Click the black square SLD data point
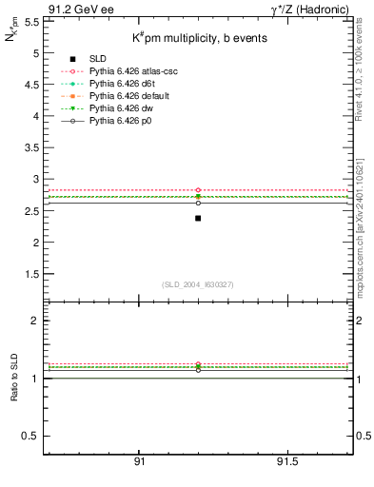pos(198,218)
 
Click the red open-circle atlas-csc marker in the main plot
pos(198,190)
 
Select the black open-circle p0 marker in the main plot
pos(198,203)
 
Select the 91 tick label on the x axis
pos(139,461)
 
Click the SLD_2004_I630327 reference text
pos(197,284)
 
